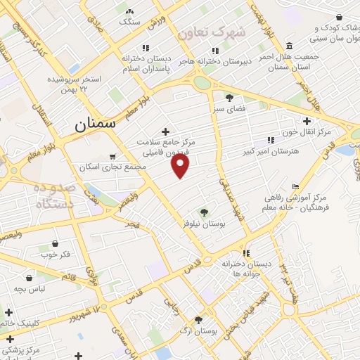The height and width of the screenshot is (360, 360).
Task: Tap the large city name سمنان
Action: click(x=94, y=126)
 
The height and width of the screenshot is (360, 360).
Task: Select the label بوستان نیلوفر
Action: click(x=202, y=223)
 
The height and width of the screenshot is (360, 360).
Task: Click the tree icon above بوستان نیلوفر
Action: click(x=204, y=212)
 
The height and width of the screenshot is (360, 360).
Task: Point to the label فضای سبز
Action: click(x=229, y=109)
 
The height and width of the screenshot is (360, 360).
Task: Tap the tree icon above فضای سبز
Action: click(x=229, y=98)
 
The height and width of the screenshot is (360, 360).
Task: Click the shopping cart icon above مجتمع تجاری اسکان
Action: click(x=113, y=157)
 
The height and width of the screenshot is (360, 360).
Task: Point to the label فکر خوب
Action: click(x=56, y=254)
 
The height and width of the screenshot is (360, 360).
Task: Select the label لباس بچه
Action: click(x=31, y=289)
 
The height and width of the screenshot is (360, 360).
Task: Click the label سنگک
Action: click(x=130, y=22)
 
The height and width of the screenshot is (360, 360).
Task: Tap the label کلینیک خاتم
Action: click(x=18, y=323)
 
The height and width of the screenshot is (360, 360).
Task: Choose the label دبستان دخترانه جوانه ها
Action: click(x=246, y=268)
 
